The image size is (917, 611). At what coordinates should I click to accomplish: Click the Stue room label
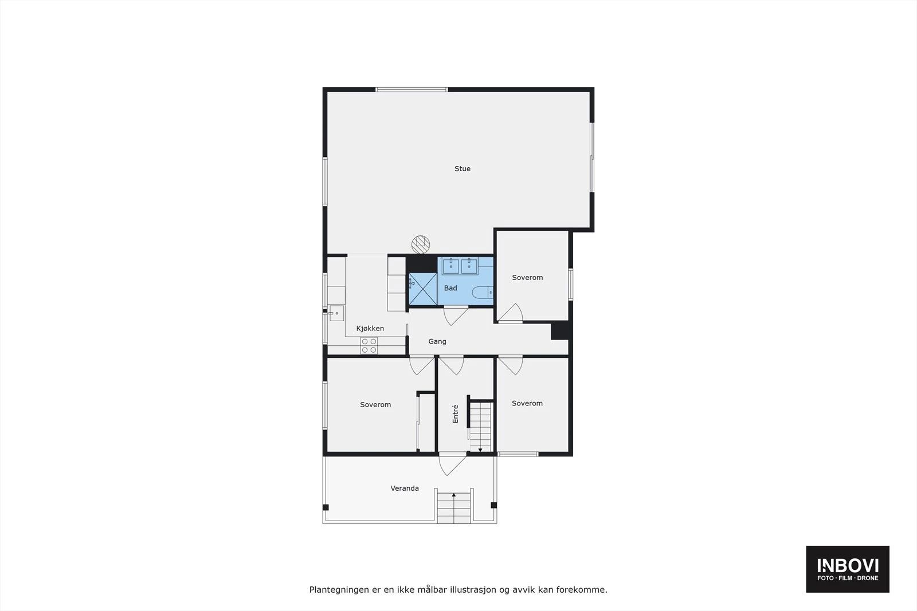462,168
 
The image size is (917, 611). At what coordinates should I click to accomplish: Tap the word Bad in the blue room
450,288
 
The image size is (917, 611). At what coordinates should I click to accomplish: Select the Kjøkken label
370,328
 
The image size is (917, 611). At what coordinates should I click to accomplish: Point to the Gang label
437,341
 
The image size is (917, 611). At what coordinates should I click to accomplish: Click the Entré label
455,414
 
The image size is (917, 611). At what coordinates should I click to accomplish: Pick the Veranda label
405,488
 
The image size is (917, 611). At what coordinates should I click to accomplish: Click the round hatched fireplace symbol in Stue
421,245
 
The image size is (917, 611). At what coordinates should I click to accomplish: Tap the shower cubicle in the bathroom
423,289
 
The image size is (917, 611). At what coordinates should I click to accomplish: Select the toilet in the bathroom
483,293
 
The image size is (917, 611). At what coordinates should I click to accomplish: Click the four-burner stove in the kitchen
369,345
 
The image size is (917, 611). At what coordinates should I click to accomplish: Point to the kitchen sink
336,313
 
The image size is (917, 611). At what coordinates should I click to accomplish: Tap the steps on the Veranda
453,508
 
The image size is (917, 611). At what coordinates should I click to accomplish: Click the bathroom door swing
456,316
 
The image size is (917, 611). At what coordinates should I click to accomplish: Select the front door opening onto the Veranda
452,464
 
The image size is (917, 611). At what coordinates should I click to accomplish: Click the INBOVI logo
848,569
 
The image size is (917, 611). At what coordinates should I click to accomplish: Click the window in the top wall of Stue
412,89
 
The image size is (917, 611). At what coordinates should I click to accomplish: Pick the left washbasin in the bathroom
450,266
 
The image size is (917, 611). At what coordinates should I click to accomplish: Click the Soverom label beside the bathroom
527,278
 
